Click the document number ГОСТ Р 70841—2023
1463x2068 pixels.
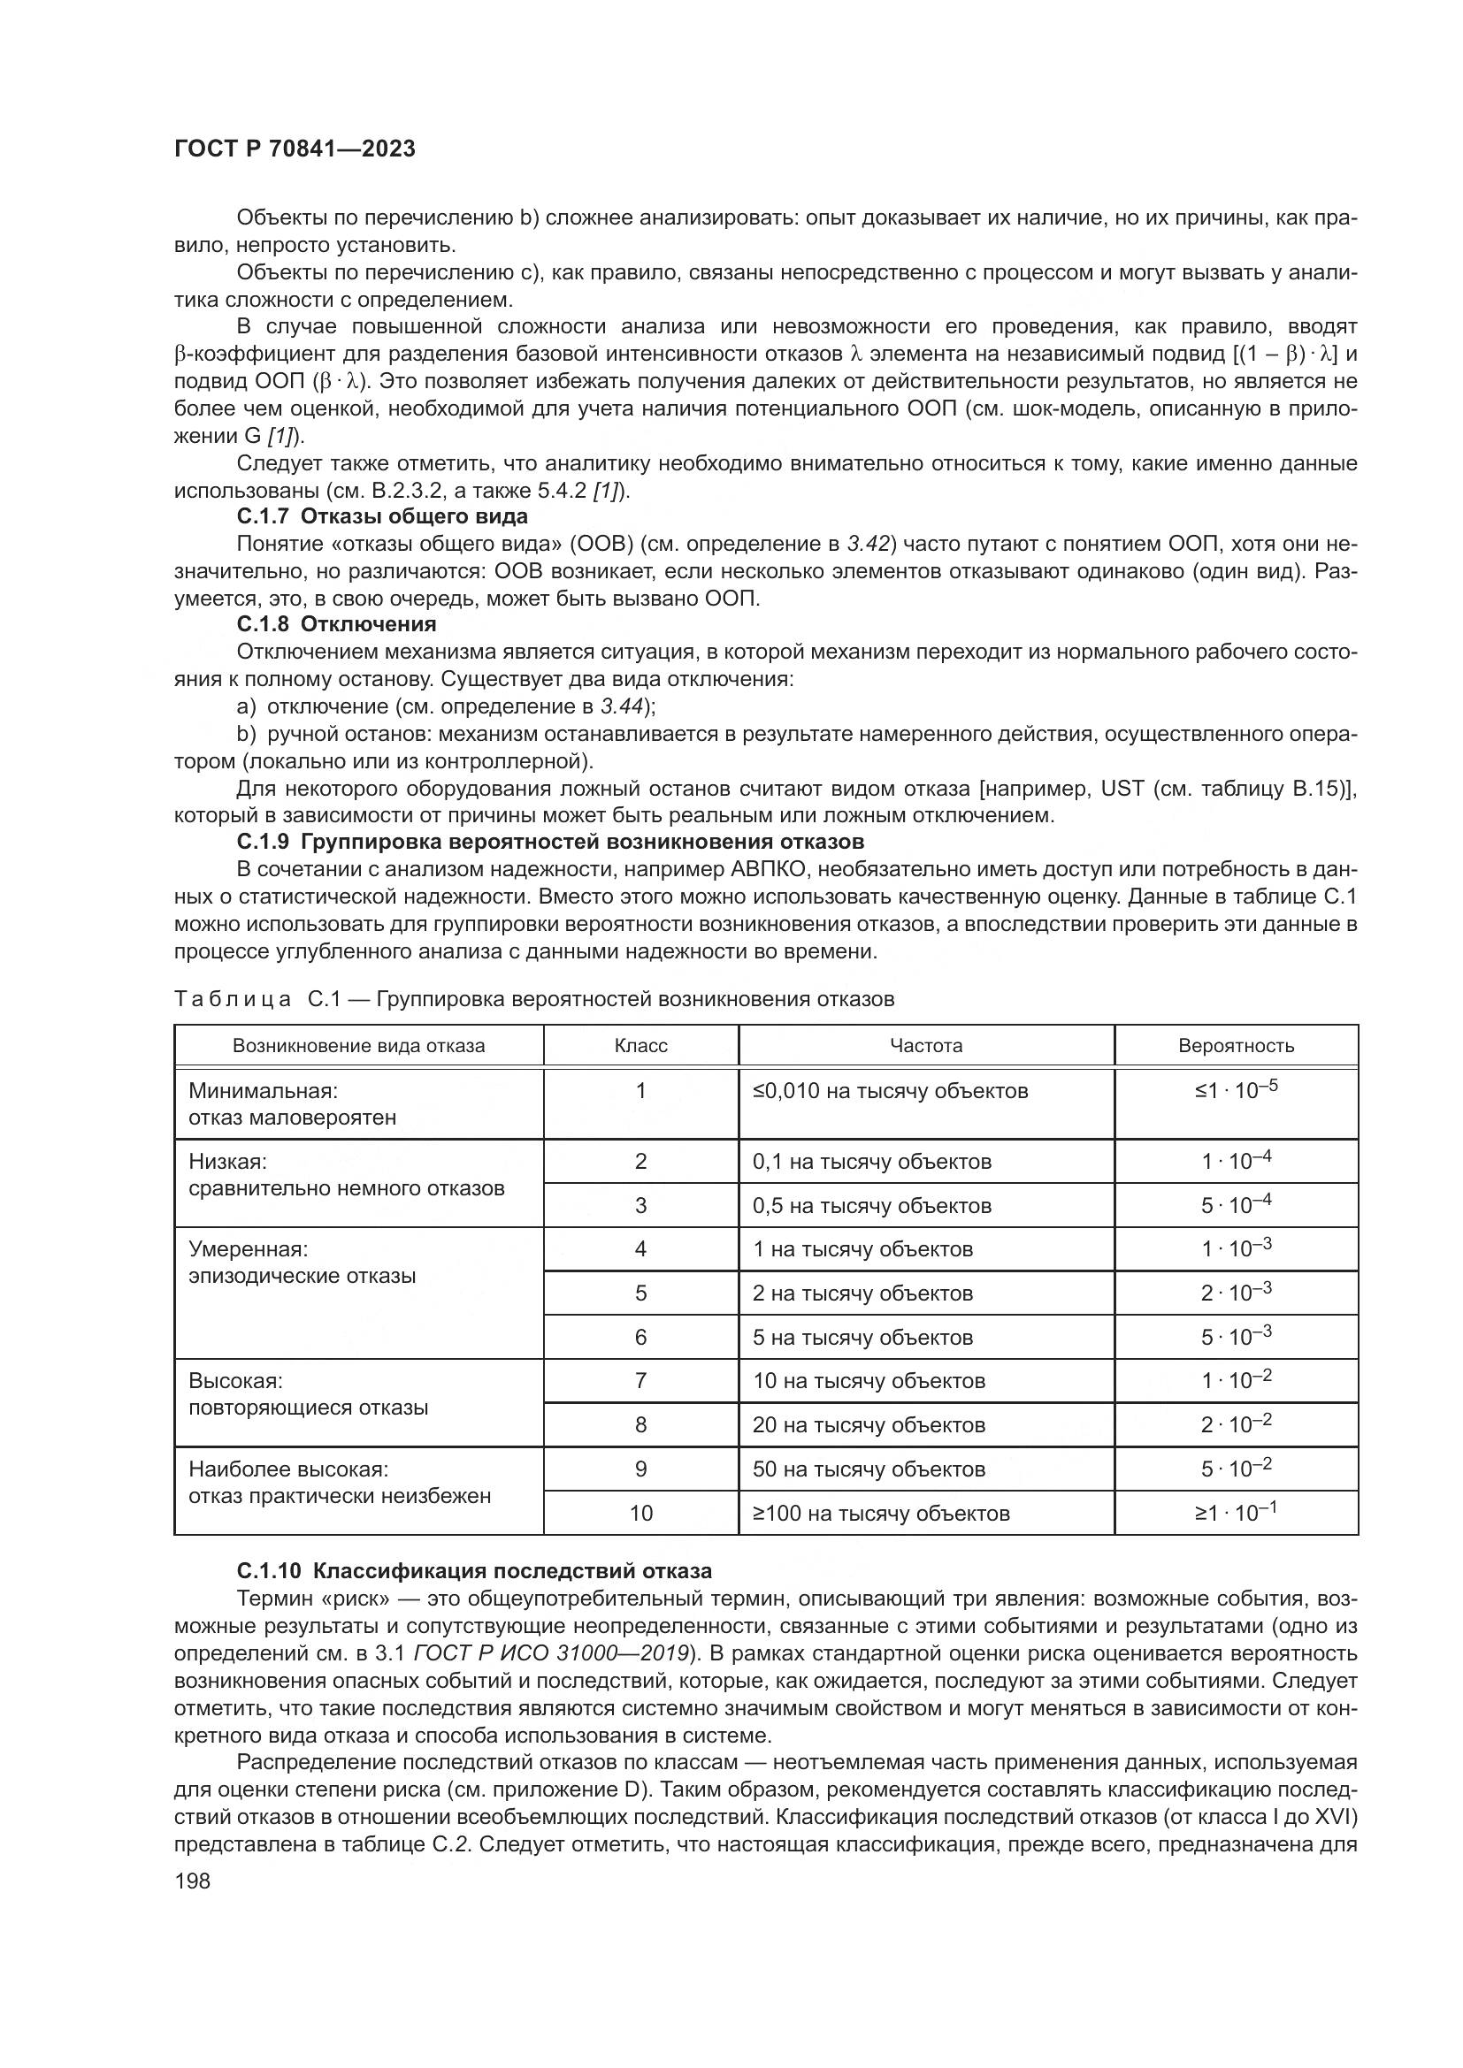pos(295,149)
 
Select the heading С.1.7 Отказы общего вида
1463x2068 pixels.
pos(382,516)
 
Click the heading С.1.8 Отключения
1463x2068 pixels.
pos(336,624)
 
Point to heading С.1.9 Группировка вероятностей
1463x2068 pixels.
pos(549,841)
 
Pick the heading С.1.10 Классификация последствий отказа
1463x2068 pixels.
pos(474,1571)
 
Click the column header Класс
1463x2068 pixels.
pos(640,1046)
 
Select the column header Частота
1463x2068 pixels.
pos(926,1046)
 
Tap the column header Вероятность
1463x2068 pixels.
pos(1236,1046)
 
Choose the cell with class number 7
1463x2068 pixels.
pos(640,1381)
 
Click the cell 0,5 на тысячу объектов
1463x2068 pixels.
pos(872,1206)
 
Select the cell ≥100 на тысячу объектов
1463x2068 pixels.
pos(881,1513)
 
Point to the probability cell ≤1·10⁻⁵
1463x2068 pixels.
pos(1236,1091)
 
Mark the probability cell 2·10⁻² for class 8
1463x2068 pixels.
pos(1236,1425)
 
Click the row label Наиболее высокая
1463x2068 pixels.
pos(288,1469)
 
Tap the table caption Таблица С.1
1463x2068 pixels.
pos(533,999)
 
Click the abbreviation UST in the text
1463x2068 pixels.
pos(1121,789)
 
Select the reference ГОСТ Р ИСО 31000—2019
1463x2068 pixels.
pos(551,1653)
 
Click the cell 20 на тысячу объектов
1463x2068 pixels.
pos(869,1425)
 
